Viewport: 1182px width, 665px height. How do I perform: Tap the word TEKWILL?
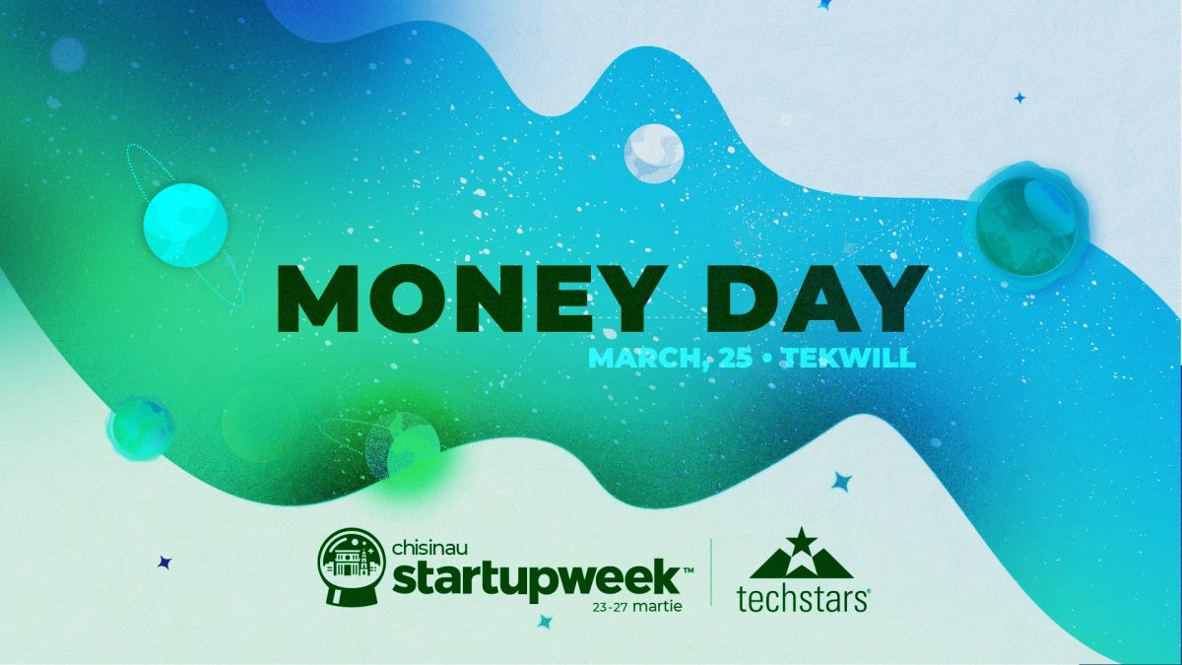849,358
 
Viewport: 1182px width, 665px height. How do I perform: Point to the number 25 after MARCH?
735,358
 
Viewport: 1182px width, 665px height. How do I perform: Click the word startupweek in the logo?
536,579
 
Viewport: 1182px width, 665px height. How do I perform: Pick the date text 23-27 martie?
637,607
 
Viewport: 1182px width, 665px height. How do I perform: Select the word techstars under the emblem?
802,599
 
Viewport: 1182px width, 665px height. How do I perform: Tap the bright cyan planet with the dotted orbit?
185,225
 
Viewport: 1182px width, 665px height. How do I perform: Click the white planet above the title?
654,154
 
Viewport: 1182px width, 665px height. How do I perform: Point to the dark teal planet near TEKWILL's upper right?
1025,226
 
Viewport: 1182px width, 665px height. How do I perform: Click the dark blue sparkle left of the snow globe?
164,563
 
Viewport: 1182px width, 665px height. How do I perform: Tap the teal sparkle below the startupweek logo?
545,622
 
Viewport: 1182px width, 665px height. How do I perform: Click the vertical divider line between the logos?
711,572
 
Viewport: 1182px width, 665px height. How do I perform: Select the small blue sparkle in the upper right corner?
1020,99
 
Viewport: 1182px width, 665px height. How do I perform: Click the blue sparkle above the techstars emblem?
841,482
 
